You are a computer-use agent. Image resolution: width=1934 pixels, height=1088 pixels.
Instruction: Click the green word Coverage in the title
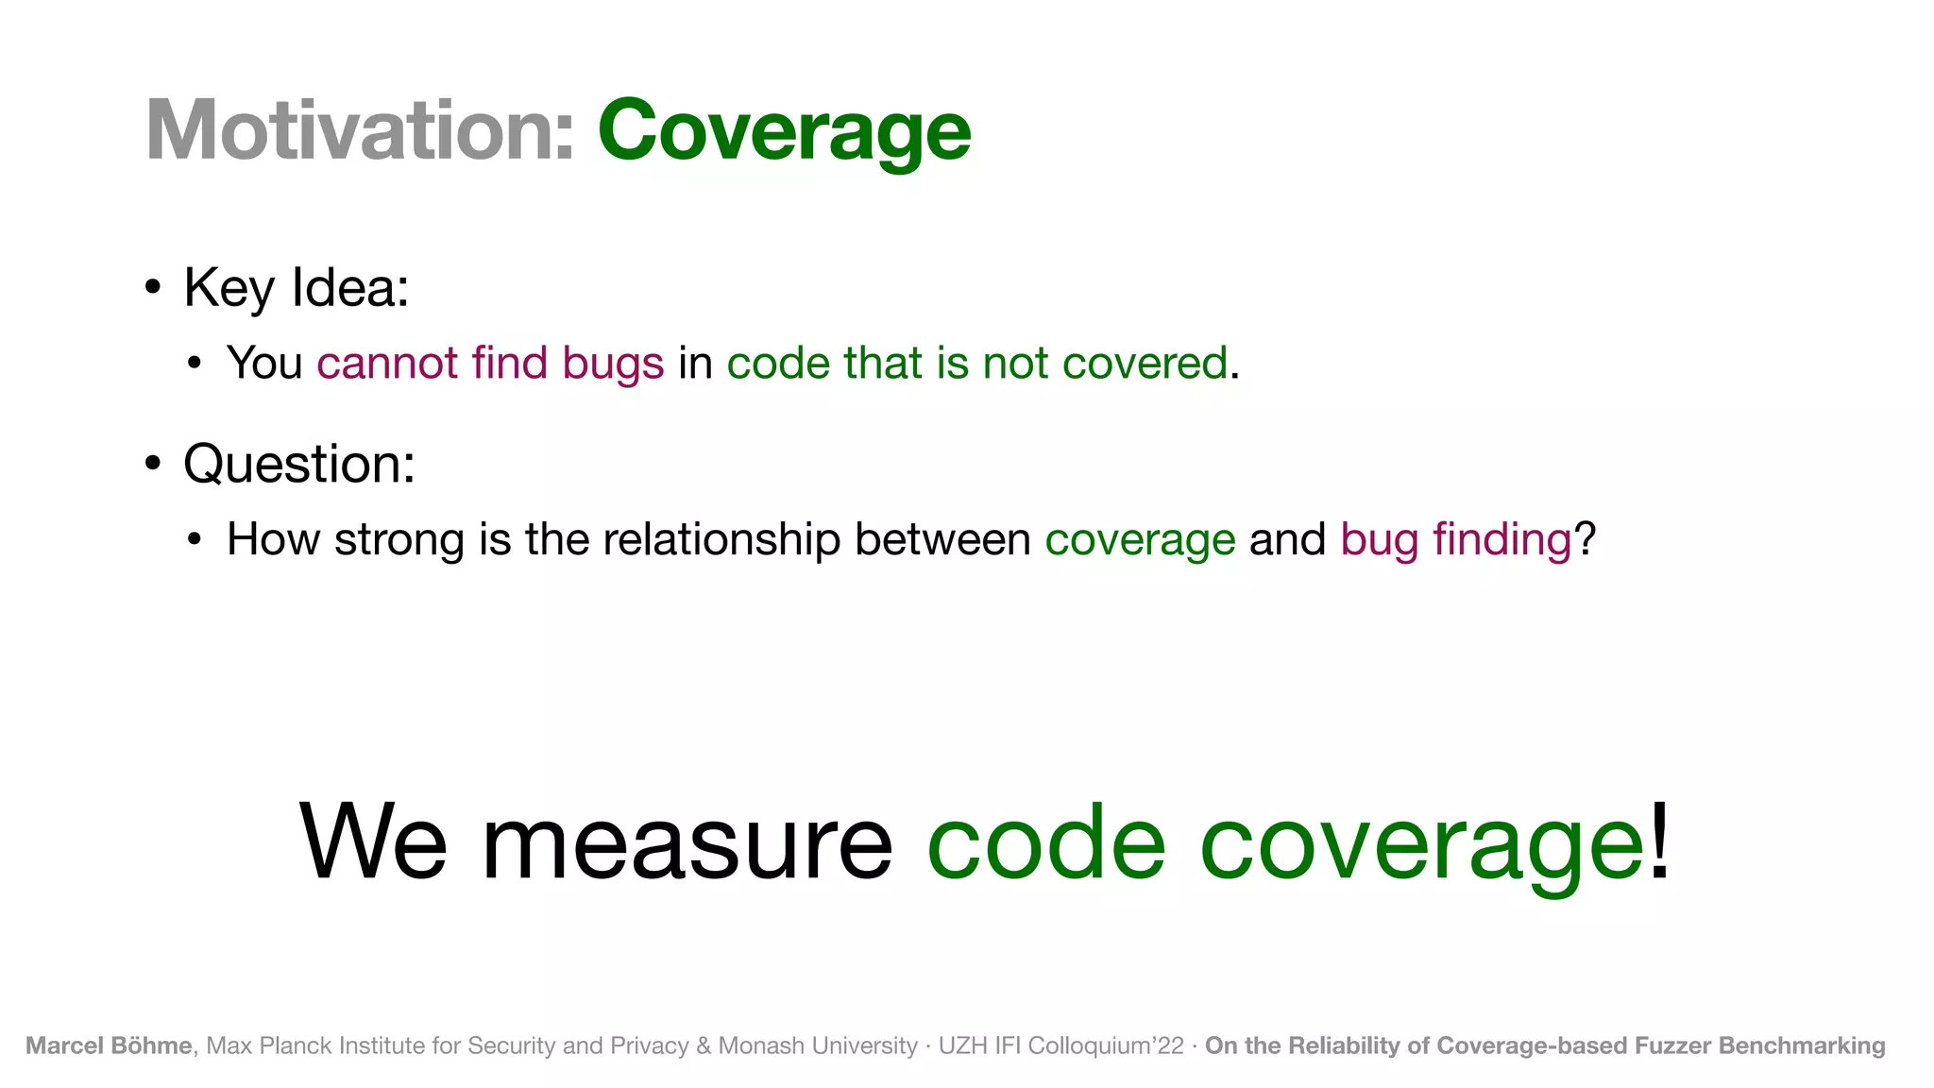784,131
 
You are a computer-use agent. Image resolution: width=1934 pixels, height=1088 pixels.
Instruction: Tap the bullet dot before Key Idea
153,286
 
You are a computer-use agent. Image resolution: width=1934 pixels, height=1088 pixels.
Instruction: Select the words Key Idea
296,288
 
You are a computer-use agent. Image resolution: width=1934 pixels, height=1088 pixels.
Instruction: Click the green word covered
1145,364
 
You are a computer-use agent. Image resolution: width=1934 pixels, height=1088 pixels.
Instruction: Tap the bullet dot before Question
153,463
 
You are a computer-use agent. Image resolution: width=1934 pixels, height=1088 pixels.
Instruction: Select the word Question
298,465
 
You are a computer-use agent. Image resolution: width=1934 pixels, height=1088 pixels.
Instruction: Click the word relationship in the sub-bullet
721,540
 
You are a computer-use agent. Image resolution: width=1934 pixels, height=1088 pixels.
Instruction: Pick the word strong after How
399,541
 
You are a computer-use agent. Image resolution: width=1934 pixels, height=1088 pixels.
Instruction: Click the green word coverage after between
1140,541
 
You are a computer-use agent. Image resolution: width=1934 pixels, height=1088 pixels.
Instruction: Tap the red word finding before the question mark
1501,540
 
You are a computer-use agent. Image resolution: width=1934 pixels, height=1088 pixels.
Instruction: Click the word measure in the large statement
687,842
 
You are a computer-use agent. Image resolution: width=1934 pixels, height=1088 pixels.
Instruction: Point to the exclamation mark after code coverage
1660,839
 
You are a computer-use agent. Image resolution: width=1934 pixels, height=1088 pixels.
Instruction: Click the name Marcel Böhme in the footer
109,1045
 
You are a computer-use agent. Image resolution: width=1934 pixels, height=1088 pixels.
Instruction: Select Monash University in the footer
818,1045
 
